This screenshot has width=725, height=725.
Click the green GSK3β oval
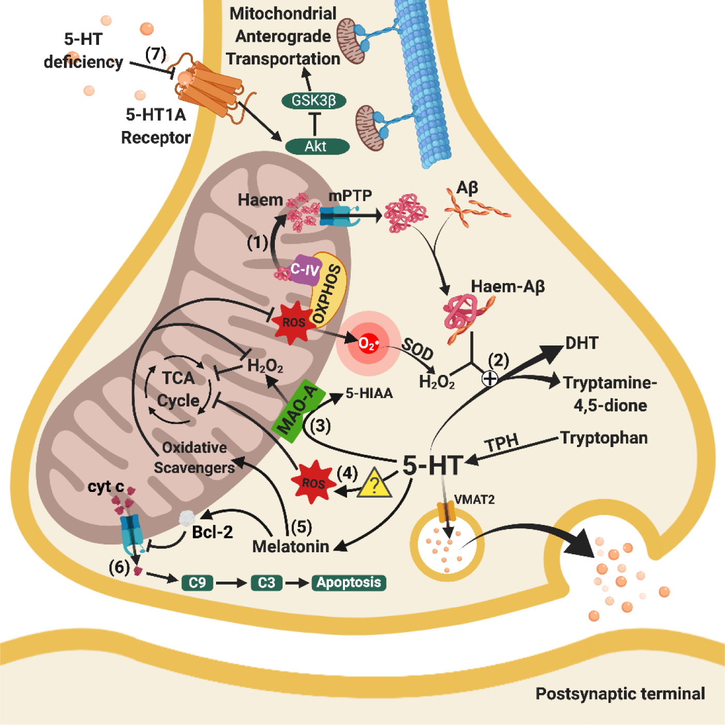314,101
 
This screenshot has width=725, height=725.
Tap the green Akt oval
317,146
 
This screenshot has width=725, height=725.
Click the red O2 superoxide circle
368,343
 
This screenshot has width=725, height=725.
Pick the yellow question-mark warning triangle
374,483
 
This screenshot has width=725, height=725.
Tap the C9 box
197,583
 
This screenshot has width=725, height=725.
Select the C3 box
267,583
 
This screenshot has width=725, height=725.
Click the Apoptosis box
349,582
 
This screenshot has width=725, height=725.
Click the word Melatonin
290,546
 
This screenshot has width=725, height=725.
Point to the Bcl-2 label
212,532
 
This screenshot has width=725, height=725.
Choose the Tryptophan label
604,438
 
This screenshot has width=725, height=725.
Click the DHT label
582,343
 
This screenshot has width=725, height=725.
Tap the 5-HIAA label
369,393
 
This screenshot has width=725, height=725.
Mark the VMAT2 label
474,500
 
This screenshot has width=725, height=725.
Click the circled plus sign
489,378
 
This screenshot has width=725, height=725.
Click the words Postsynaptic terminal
620,694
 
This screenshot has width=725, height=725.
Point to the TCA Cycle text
178,389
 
